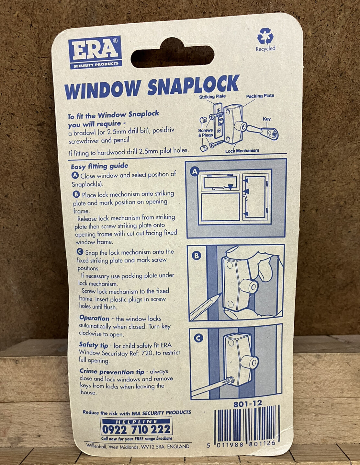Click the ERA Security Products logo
[x=95, y=52]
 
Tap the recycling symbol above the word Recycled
[x=265, y=36]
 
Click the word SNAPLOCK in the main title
[x=193, y=85]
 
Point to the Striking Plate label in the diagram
[x=212, y=97]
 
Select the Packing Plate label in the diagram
[x=260, y=96]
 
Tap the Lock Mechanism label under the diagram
[x=242, y=151]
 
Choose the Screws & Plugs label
[x=205, y=133]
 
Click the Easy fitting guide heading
[x=99, y=166]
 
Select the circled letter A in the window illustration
[x=195, y=172]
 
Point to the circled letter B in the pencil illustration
[x=196, y=256]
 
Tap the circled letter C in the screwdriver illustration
[x=198, y=339]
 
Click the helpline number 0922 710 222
[x=136, y=429]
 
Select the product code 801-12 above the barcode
[x=248, y=404]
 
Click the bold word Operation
[x=94, y=318]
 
